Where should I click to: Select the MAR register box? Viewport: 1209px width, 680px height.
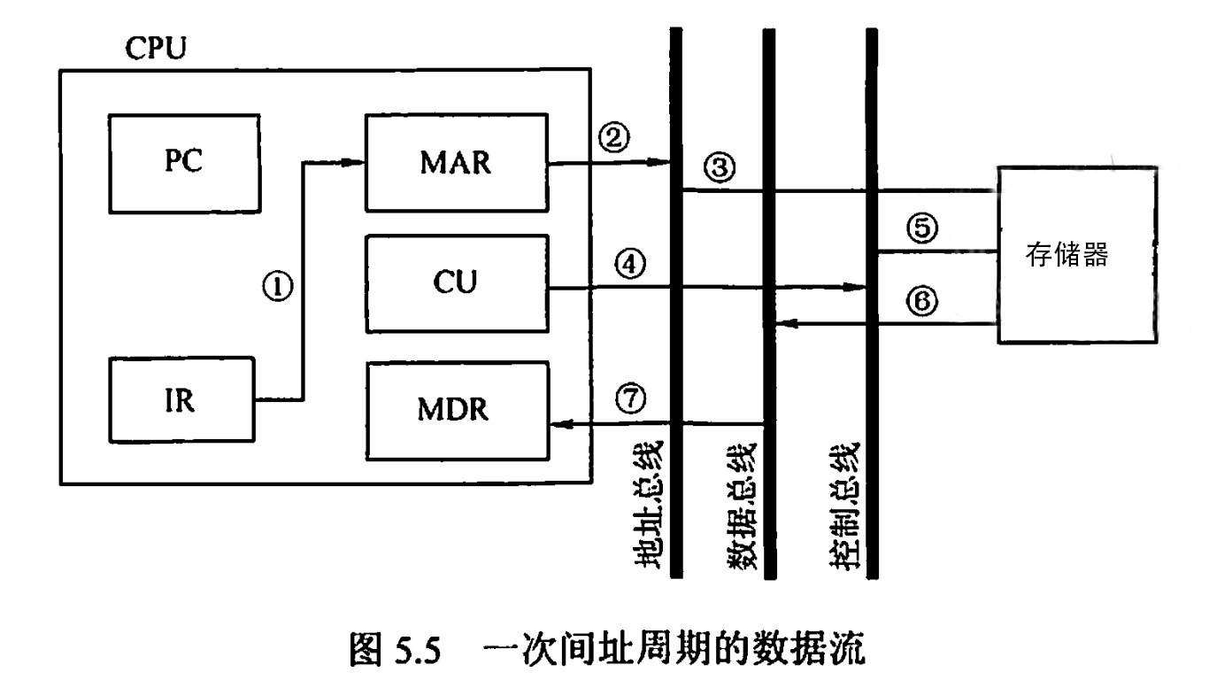(457, 162)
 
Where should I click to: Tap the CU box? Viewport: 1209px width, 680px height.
(457, 283)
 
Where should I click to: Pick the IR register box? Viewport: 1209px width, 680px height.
(181, 400)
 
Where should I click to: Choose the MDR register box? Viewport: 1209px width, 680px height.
(457, 411)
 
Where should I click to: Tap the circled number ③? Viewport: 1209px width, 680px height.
(720, 166)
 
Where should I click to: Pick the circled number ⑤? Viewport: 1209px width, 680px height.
(921, 229)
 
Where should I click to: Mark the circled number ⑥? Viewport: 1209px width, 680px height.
(921, 302)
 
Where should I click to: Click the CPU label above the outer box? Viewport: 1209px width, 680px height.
(155, 48)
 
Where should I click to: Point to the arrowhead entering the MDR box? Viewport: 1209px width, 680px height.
(558, 426)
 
